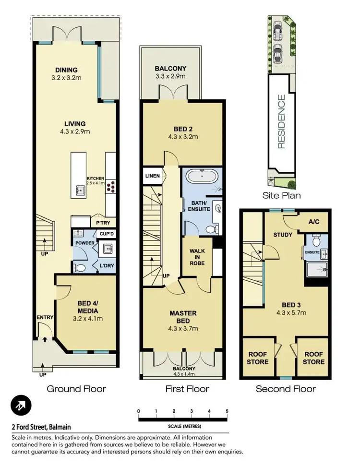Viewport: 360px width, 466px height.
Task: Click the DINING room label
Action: pyautogui.click(x=66, y=70)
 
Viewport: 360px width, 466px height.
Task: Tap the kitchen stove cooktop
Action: pyautogui.click(x=111, y=185)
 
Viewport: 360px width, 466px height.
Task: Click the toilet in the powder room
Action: pyautogui.click(x=82, y=267)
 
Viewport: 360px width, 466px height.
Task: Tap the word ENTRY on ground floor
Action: pyautogui.click(x=44, y=317)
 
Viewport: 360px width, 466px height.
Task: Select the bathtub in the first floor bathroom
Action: pyautogui.click(x=201, y=176)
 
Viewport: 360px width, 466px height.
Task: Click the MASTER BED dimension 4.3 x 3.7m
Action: pyautogui.click(x=183, y=329)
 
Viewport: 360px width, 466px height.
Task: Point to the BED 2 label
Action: pyautogui.click(x=183, y=128)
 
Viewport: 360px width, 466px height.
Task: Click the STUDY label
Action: pyautogui.click(x=283, y=235)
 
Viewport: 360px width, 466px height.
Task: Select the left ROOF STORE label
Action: pyautogui.click(x=258, y=358)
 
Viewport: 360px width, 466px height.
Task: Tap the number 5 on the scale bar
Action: pyautogui.click(x=227, y=411)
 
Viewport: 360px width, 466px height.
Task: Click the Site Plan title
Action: pyautogui.click(x=282, y=195)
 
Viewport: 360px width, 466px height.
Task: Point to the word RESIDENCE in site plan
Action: pyautogui.click(x=281, y=122)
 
